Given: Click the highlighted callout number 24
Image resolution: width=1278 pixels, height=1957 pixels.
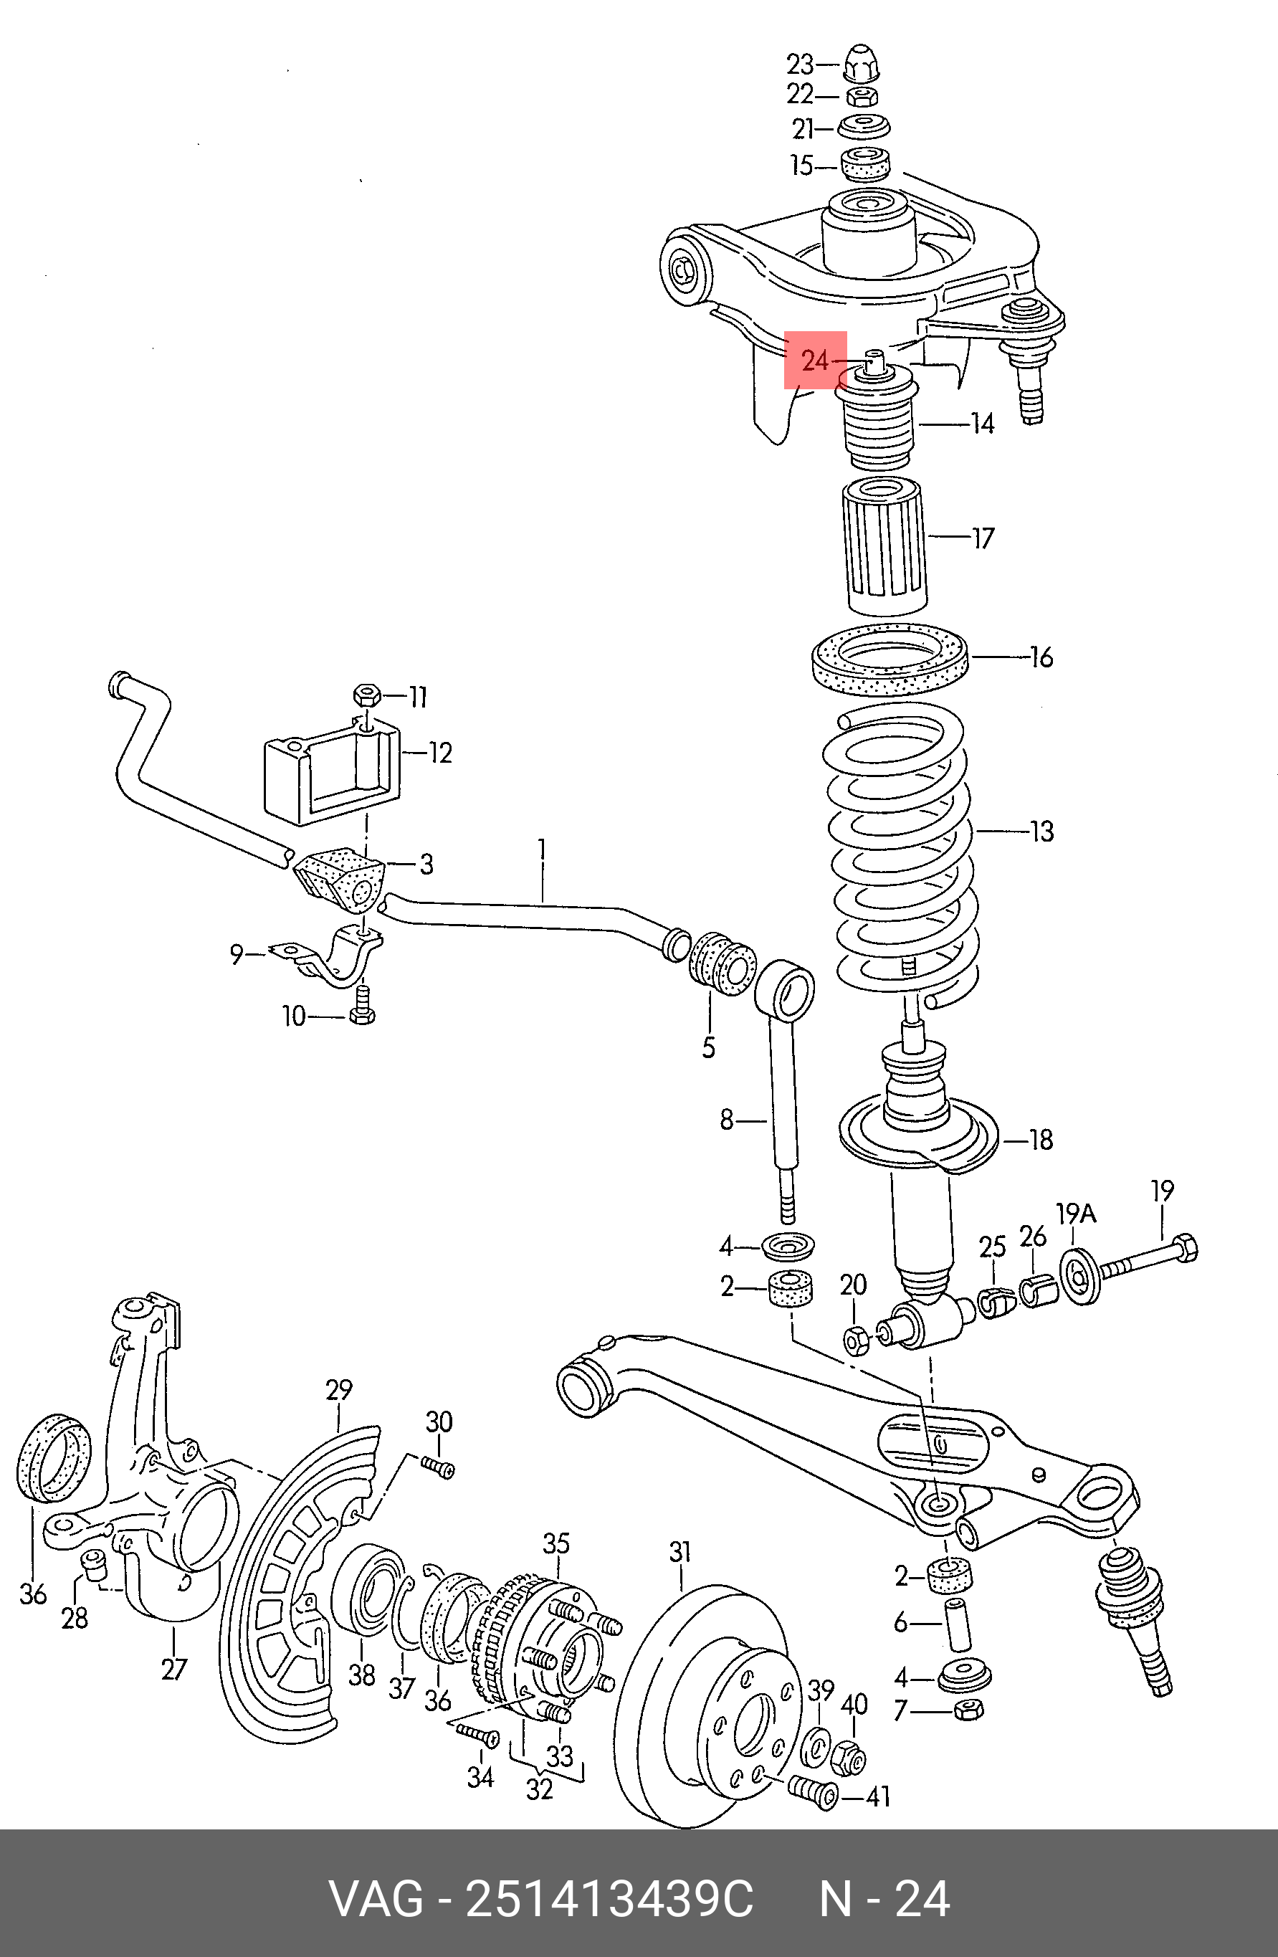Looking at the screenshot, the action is pos(814,360).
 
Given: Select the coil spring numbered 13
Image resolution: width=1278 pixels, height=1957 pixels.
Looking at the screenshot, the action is pos(902,855).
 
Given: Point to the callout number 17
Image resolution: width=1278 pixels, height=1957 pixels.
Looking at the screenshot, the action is pos(983,538).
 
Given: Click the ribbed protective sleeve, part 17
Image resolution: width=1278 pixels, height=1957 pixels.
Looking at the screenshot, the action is pos(884,547).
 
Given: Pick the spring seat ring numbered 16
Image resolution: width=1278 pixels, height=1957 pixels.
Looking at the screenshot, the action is pos(889,660).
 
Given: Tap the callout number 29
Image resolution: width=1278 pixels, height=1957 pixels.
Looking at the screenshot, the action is pos(339,1390).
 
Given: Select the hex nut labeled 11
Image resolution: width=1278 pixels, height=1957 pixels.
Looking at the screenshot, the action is pos(366,697).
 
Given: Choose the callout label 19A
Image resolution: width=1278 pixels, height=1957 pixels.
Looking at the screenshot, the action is pos(1077,1214).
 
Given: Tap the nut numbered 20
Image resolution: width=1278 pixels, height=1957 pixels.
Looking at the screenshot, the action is pos(855,1341).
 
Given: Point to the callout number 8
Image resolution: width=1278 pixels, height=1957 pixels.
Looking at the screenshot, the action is pos(727,1120).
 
